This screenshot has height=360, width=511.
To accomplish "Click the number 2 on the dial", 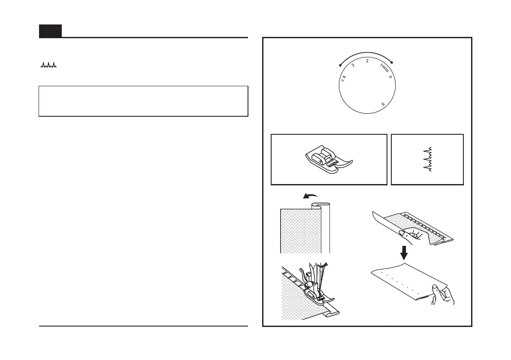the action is point(367,61).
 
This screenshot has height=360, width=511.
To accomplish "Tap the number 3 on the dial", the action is point(353,66).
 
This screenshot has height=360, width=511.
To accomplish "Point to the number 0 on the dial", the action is point(390,77).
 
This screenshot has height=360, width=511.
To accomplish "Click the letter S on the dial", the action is point(383,104).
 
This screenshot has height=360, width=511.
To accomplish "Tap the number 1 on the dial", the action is point(381,66).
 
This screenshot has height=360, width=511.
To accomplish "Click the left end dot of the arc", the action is point(340,66).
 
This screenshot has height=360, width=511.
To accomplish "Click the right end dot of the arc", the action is point(392,63).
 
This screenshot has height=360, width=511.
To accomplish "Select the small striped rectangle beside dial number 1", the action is point(385,68).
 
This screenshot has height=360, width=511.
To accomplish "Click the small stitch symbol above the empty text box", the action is point(48,66).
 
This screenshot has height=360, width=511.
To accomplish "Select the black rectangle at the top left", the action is point(50,31).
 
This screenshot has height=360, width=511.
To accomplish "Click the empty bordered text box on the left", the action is point(143,101).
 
